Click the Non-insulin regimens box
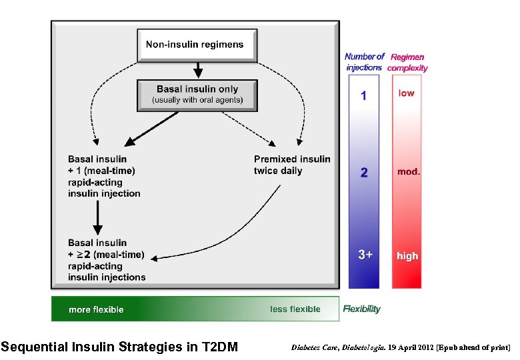(195, 45)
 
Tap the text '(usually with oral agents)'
(197, 101)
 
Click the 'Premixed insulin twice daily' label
(292, 165)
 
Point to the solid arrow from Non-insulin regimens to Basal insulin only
(197, 70)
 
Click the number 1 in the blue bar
(363, 96)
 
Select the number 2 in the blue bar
(363, 173)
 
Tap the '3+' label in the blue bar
(364, 255)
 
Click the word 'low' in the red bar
(406, 93)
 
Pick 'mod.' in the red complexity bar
(408, 172)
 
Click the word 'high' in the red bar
(407, 256)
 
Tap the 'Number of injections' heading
(364, 62)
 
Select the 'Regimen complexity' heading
(407, 62)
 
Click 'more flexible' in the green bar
(96, 309)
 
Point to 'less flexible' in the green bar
(295, 309)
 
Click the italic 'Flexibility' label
(361, 309)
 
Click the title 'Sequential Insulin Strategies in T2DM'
(119, 347)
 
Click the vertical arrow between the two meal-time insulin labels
(98, 217)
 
